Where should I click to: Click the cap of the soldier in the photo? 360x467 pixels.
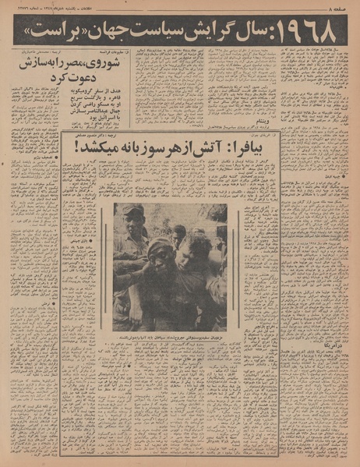coord(132,212)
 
